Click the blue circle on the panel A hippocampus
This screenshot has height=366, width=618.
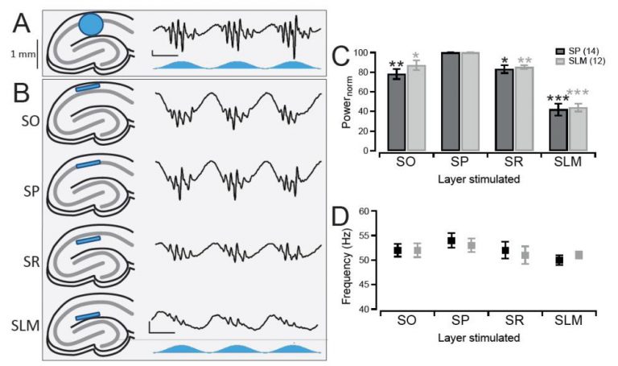click(92, 25)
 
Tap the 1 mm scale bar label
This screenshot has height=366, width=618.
click(22, 54)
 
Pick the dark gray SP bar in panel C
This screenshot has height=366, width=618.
click(451, 101)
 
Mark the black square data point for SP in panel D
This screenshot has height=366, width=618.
click(451, 241)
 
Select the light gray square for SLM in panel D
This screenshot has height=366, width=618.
click(535, 255)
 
